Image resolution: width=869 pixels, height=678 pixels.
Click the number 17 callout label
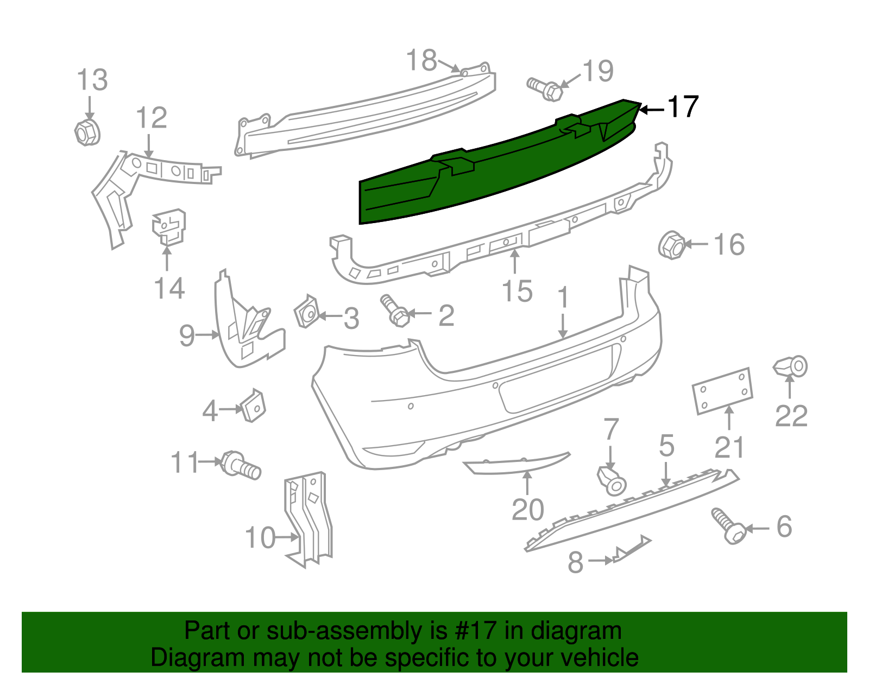point(682,107)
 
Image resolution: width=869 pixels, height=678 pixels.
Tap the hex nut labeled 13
point(86,132)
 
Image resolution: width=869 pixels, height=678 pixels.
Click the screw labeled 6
point(728,525)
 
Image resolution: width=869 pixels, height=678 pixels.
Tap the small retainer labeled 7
point(612,480)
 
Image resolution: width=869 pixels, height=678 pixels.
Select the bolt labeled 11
point(241,465)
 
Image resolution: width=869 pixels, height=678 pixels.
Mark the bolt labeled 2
point(396,311)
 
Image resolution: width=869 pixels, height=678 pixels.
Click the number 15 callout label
point(517,292)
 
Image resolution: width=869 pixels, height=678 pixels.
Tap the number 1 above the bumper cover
point(563,298)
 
